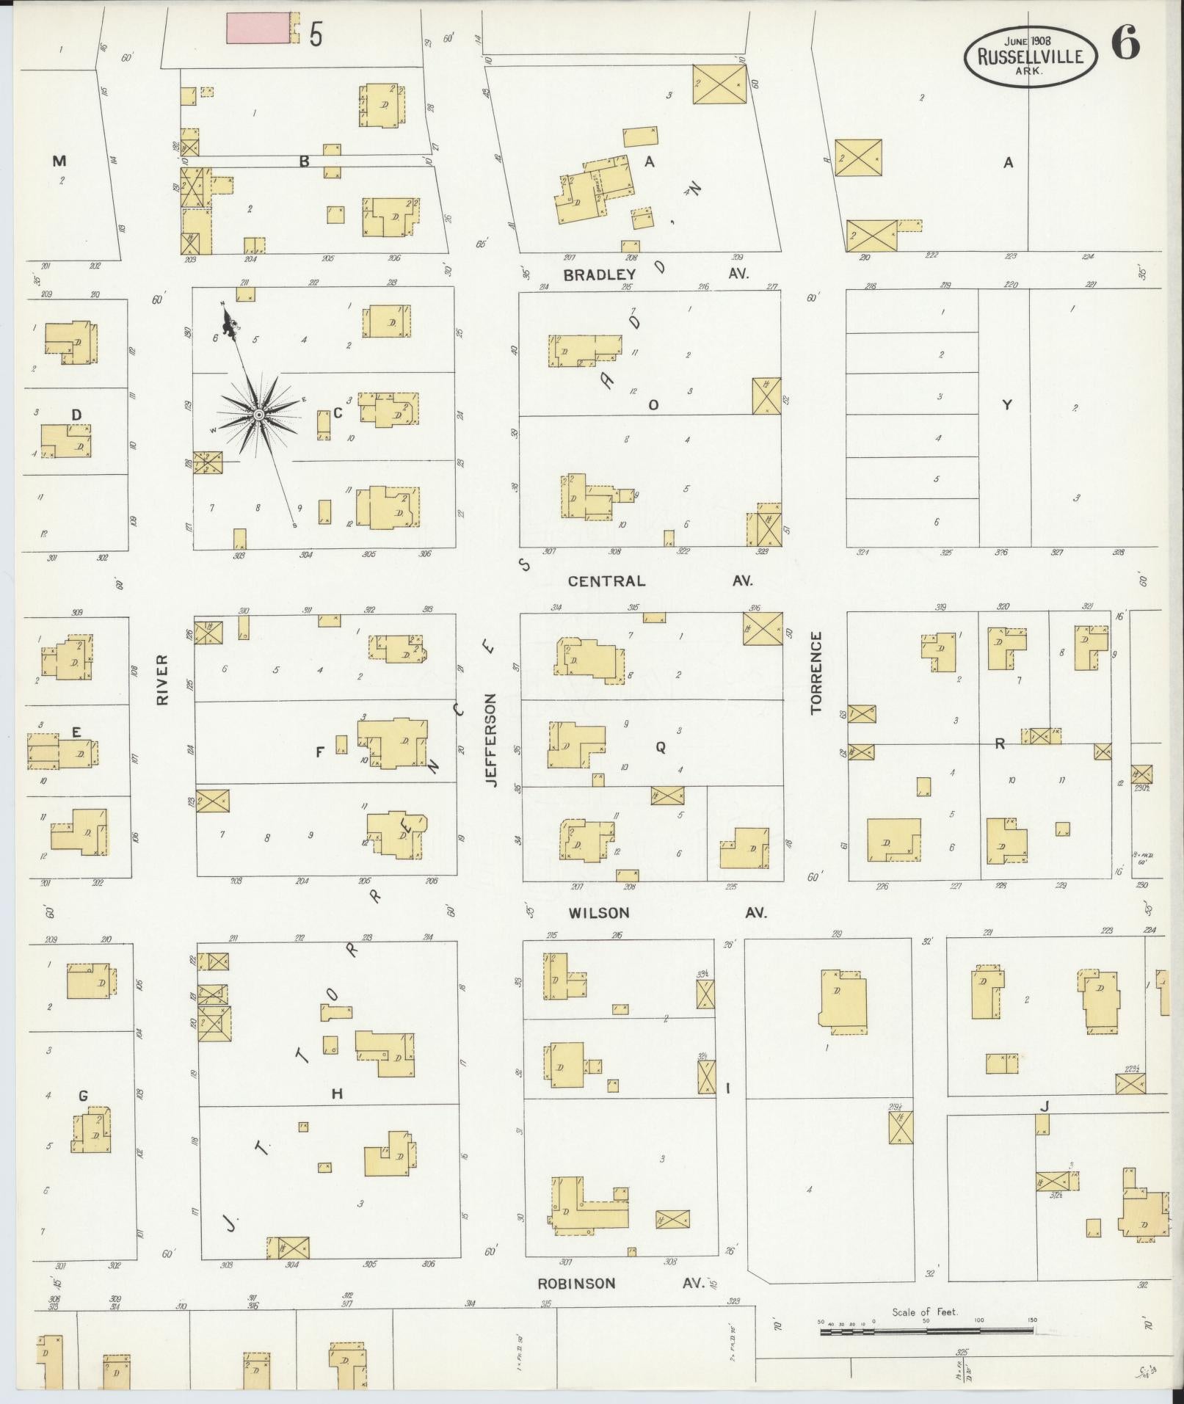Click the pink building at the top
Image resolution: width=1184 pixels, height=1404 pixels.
258,29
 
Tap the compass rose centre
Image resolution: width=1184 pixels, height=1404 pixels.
258,416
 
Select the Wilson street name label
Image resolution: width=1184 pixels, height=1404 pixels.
600,913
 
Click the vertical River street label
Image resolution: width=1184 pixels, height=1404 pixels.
162,680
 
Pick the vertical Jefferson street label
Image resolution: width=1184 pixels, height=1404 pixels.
491,740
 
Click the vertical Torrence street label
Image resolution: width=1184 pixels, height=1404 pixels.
816,672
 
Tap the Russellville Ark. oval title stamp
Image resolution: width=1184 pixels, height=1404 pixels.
1030,56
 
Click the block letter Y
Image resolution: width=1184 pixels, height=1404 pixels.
1007,404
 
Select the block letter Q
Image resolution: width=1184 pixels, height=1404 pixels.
660,747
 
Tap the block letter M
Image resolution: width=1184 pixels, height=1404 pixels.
59,161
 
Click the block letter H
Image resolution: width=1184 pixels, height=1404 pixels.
337,1094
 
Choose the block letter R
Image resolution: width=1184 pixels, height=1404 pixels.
999,743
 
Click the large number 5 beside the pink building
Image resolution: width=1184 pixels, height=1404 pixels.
316,34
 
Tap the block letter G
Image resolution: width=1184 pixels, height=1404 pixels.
83,1096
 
